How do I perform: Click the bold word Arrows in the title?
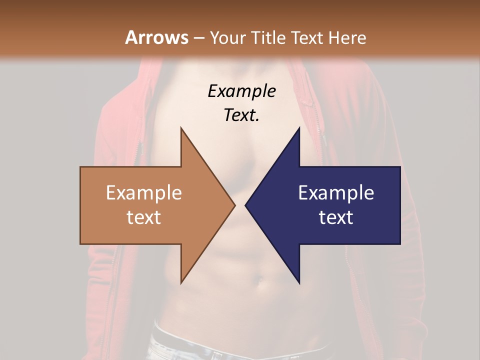[156, 37]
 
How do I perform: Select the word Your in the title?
[224, 37]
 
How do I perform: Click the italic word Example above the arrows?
[241, 91]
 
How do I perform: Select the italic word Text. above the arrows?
[241, 115]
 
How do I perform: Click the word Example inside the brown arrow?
[144, 192]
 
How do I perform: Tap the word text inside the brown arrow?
[144, 217]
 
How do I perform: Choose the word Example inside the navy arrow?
[336, 192]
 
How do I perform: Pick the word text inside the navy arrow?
[336, 217]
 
